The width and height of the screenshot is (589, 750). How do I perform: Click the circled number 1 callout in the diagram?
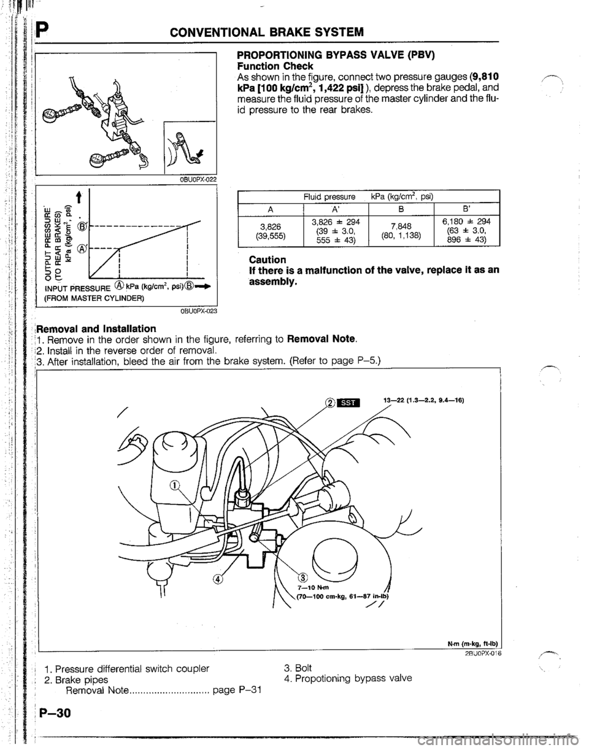point(176,450)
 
